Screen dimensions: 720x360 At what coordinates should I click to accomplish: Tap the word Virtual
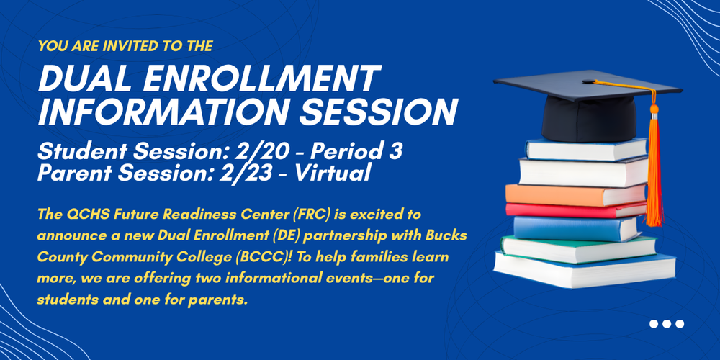(x=333, y=173)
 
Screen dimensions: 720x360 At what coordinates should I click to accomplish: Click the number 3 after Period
(x=396, y=153)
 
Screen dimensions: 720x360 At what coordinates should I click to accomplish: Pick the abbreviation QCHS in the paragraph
(x=82, y=214)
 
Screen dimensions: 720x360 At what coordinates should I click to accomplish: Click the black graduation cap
(x=588, y=106)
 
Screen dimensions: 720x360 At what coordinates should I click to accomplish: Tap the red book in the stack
(x=576, y=210)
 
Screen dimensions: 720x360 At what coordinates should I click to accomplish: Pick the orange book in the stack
(x=576, y=194)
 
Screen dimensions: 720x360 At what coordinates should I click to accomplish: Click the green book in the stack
(x=579, y=248)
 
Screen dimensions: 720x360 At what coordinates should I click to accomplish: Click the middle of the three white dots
(x=667, y=324)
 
